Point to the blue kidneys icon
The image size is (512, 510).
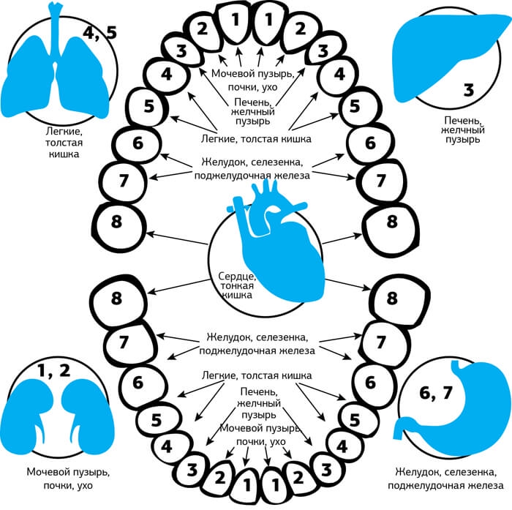point(55,413)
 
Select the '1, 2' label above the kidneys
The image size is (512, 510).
point(55,370)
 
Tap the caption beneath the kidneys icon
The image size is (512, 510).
point(62,479)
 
